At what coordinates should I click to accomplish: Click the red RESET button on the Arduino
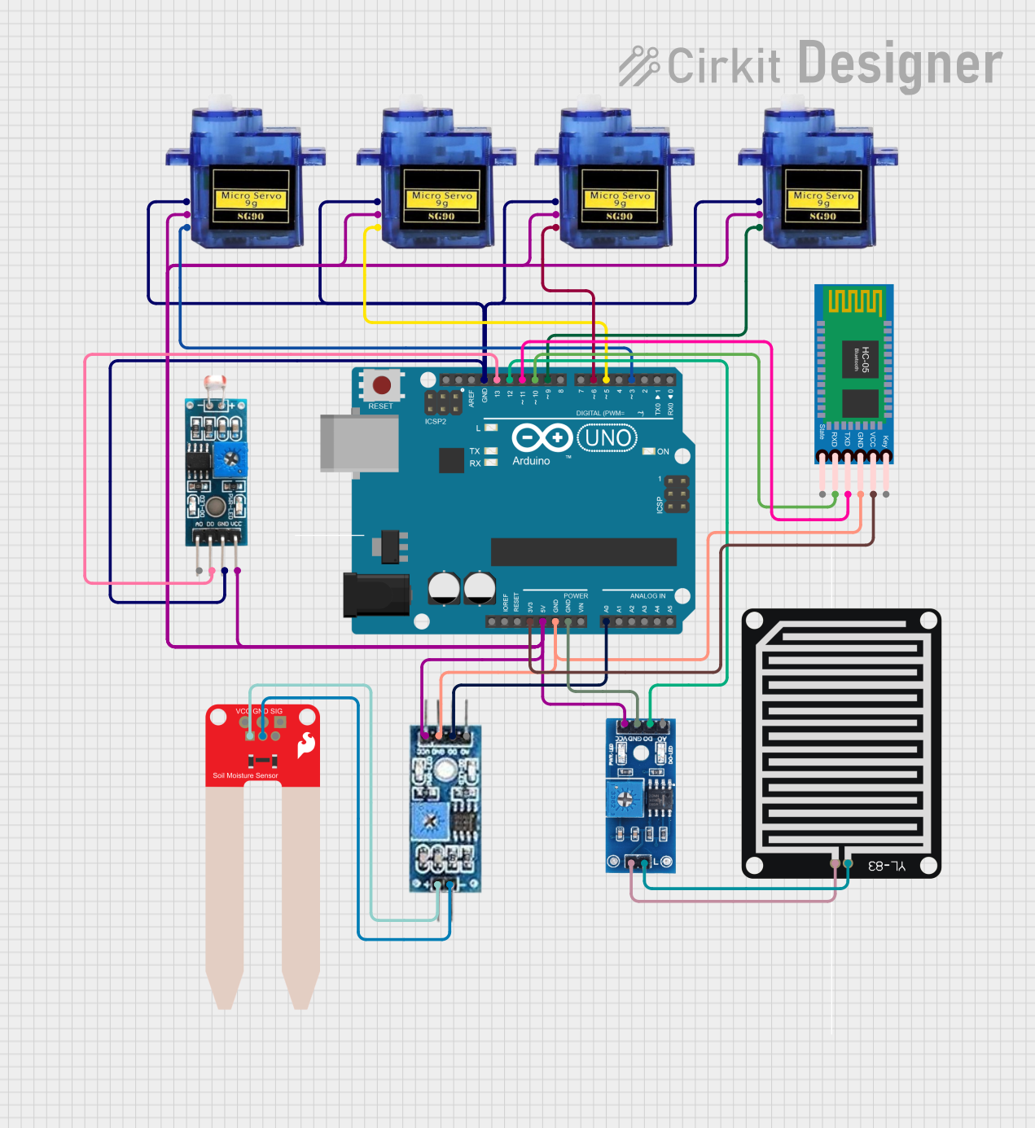(381, 384)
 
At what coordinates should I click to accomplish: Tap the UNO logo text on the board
(608, 438)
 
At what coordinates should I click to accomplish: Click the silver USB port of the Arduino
(359, 443)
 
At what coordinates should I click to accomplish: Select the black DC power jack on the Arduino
(375, 595)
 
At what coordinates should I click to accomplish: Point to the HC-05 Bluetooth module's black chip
(860, 359)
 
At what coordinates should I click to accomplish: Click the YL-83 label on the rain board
(886, 866)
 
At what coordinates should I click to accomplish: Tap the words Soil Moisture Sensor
(245, 775)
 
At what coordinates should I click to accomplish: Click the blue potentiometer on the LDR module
(230, 461)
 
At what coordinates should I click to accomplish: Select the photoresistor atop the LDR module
(216, 382)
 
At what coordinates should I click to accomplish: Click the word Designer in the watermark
(900, 64)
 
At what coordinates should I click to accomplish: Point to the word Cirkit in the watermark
(723, 67)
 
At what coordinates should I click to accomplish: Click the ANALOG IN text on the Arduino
(647, 596)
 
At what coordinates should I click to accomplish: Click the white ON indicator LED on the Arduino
(648, 451)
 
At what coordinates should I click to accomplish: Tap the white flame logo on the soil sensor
(306, 744)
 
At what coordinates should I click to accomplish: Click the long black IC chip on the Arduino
(583, 551)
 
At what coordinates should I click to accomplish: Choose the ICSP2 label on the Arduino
(436, 422)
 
